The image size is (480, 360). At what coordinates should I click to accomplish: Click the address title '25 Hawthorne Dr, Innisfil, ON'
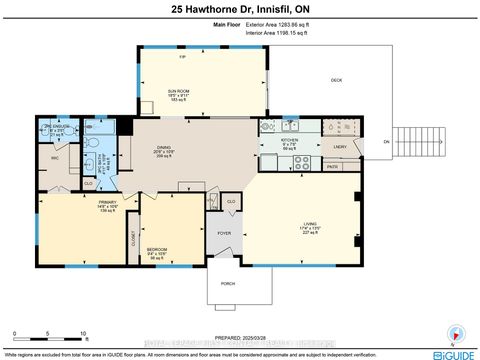tap(239, 9)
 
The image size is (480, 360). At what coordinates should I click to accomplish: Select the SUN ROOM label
tap(179, 91)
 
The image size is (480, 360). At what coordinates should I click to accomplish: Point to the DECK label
tap(336, 81)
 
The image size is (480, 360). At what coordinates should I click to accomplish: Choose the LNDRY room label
tap(339, 148)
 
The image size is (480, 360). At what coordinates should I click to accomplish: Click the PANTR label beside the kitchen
tap(332, 166)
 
